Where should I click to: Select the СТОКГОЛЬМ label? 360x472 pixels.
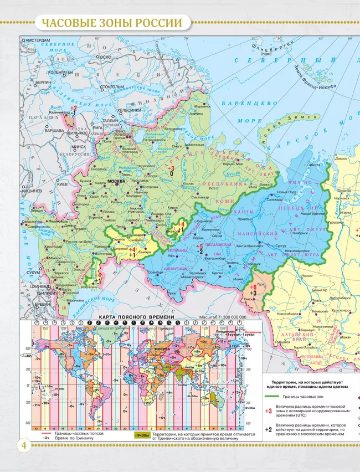[x=111, y=87]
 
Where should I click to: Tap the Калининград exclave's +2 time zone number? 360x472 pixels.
[x=73, y=109]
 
